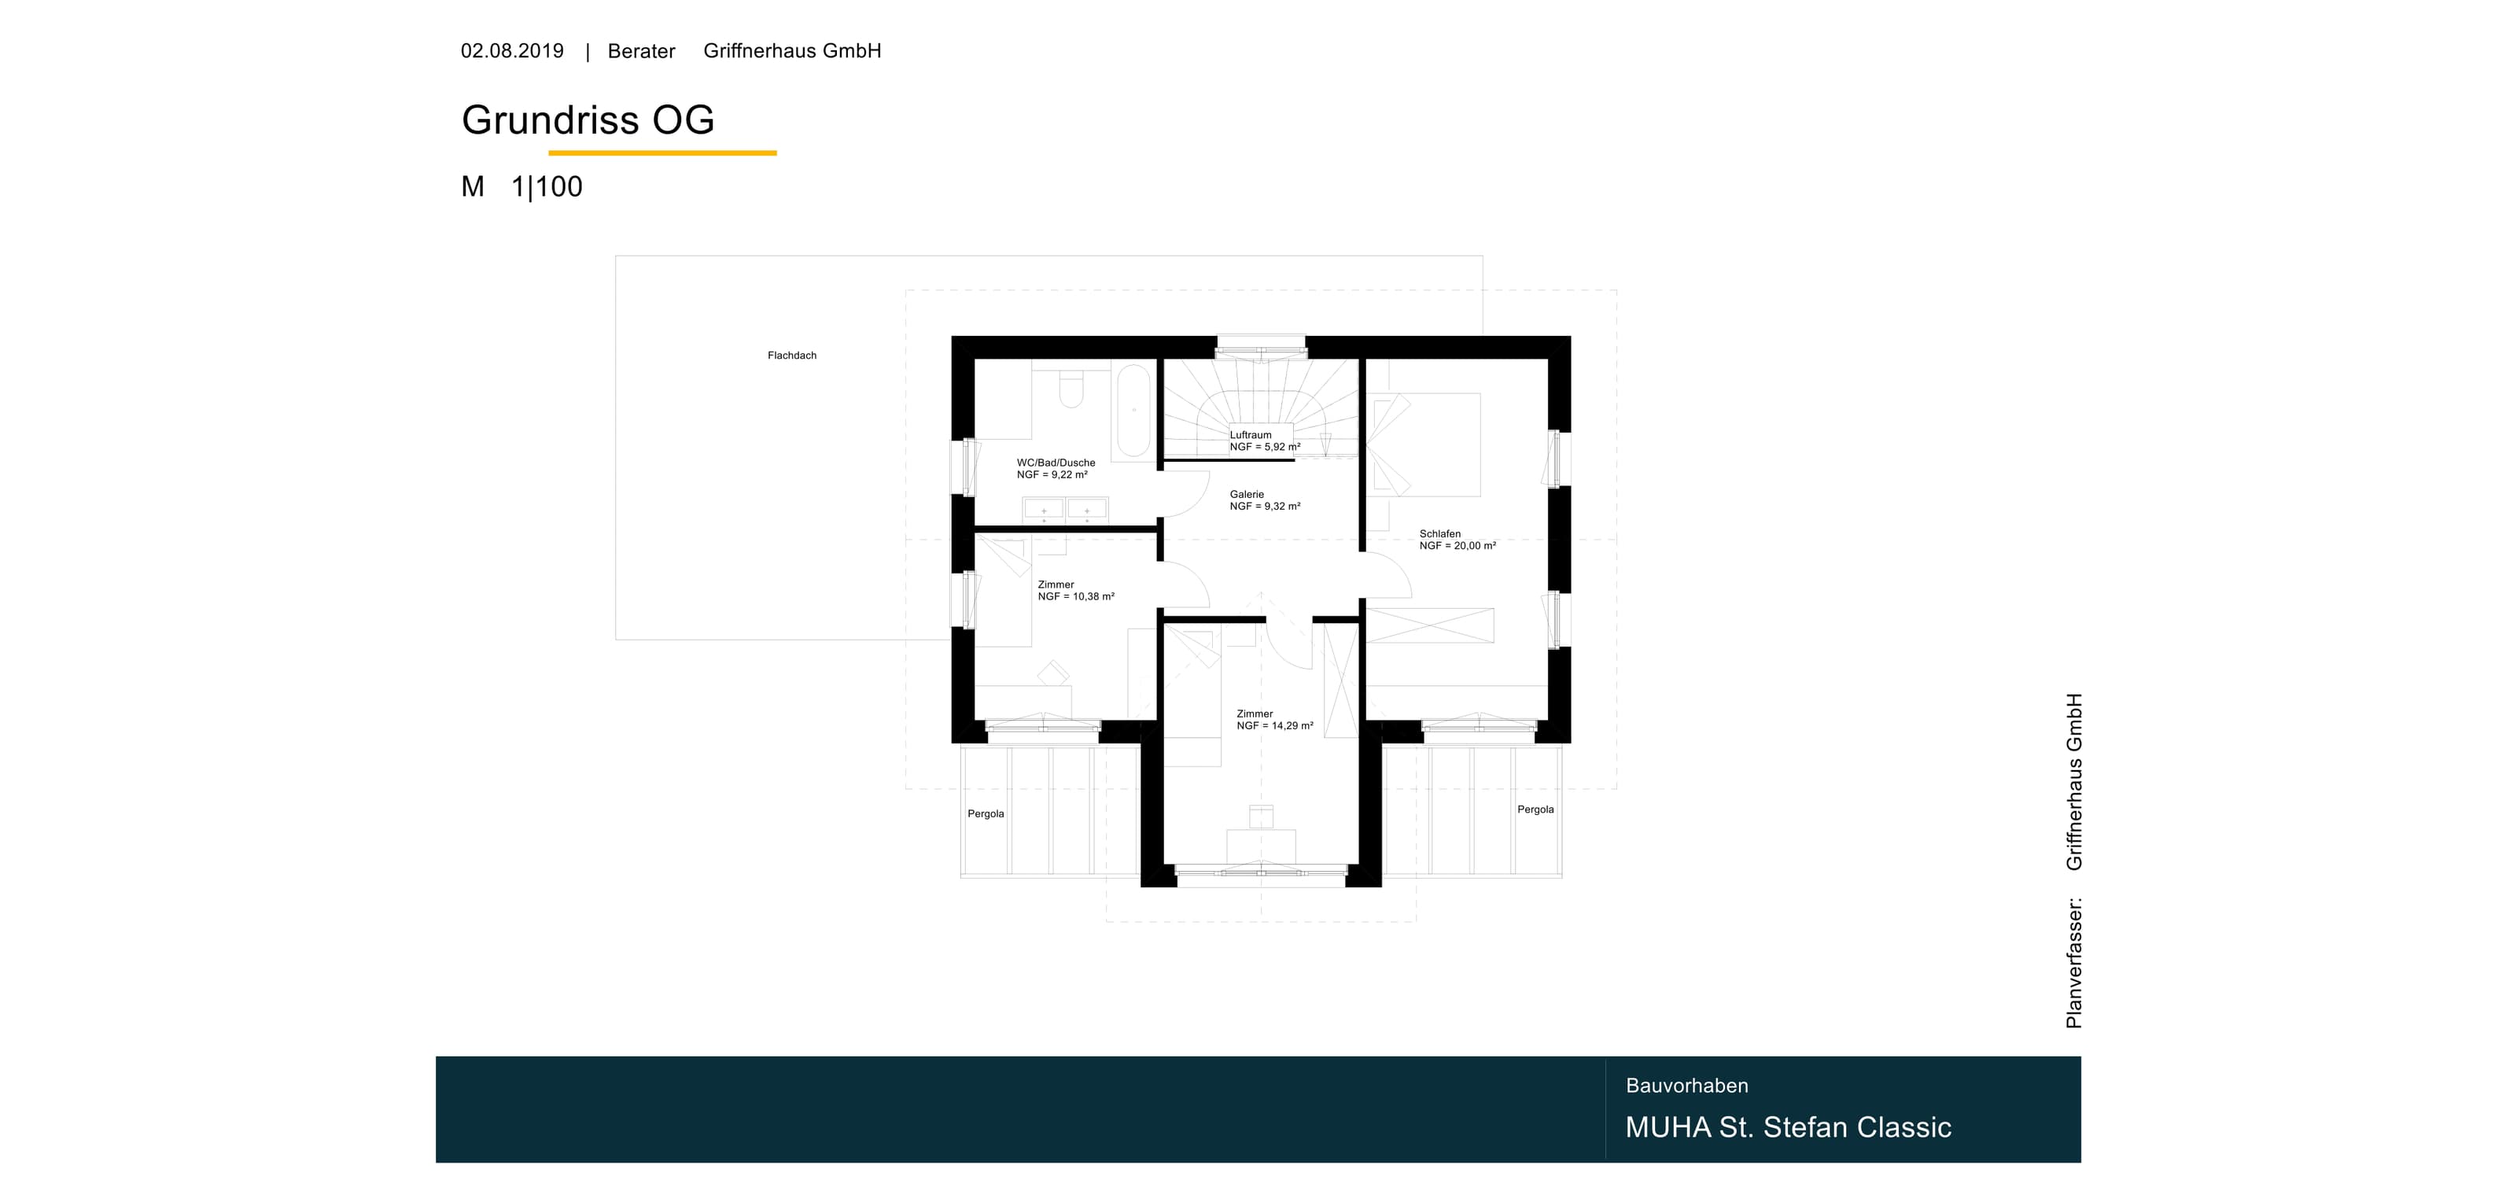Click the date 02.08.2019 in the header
(512, 51)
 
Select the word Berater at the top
(641, 51)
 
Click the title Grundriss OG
(588, 120)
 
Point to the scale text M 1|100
(521, 186)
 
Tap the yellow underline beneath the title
(662, 153)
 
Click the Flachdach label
(792, 356)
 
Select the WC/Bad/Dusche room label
(1056, 463)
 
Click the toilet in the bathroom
(1071, 388)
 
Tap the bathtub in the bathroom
(1133, 411)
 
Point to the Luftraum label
(1251, 436)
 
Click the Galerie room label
(1247, 494)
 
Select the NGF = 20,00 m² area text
(1458, 546)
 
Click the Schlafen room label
(1440, 534)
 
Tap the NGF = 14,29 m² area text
(1275, 726)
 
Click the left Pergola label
(986, 813)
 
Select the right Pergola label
(1535, 809)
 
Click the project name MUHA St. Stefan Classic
(1788, 1127)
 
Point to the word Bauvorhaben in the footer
(1687, 1086)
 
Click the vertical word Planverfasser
(2074, 962)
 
